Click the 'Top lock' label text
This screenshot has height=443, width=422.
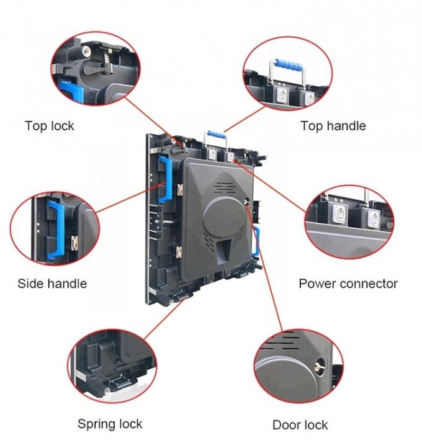point(49,126)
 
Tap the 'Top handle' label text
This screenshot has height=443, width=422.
point(333,126)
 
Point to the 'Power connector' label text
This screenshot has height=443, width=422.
point(348,284)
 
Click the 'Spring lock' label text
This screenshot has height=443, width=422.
point(109,424)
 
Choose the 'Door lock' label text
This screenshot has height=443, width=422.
point(300,425)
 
